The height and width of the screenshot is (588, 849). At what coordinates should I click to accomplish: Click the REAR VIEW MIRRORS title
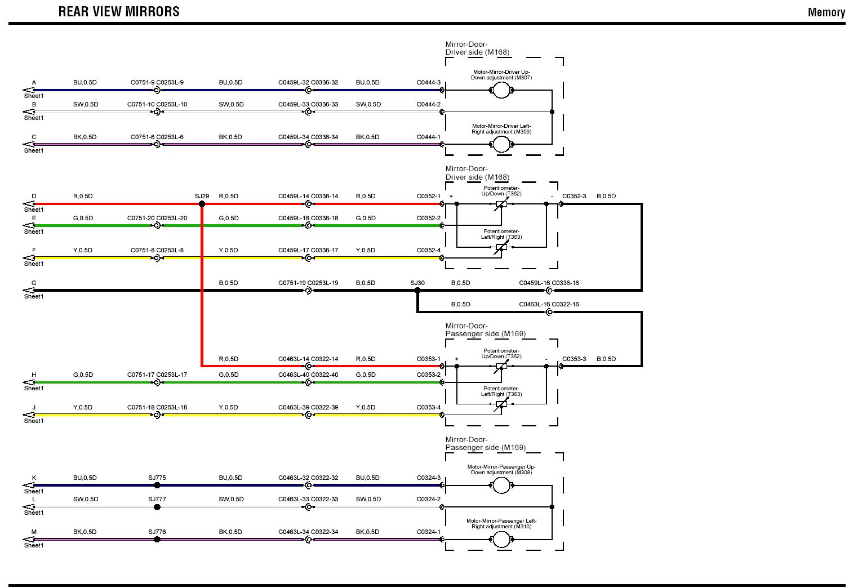(x=119, y=12)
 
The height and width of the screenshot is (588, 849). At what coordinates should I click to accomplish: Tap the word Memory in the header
(x=826, y=12)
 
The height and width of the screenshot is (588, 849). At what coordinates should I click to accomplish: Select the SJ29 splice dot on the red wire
(x=202, y=204)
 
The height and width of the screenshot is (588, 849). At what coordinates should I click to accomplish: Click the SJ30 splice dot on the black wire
(x=417, y=291)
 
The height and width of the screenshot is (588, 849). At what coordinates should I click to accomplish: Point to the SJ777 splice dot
(x=157, y=507)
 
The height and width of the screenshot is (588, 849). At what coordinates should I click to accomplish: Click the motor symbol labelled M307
(x=501, y=90)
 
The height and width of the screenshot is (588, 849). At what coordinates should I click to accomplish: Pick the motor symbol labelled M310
(x=501, y=540)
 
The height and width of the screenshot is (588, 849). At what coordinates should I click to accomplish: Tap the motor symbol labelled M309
(x=501, y=144)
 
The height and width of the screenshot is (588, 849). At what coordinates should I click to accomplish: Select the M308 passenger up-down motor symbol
(x=501, y=485)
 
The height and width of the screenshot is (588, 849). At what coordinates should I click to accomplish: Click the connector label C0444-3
(x=428, y=83)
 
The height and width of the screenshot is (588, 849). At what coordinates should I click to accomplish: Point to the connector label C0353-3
(x=574, y=359)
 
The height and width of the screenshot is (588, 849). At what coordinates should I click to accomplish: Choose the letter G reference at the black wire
(x=34, y=283)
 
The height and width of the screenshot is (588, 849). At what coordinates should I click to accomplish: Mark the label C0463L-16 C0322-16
(x=549, y=305)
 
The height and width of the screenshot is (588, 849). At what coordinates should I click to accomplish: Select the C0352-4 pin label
(x=428, y=251)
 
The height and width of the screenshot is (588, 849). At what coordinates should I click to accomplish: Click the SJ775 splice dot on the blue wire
(x=157, y=485)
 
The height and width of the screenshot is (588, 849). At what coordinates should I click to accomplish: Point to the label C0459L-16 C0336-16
(x=549, y=283)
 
